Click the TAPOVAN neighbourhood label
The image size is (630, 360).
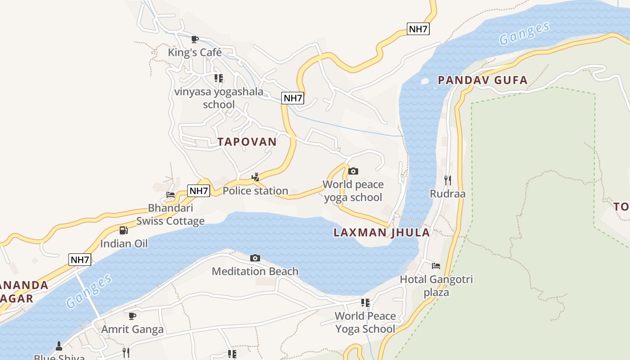[247, 142]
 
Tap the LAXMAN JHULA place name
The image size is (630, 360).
[382, 233]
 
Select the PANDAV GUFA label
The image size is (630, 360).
[482, 81]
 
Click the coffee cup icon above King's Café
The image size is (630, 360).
[195, 40]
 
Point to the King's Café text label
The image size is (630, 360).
[194, 53]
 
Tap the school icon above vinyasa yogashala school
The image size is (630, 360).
[219, 79]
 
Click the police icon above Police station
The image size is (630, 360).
[255, 177]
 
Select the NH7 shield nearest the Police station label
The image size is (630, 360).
[198, 191]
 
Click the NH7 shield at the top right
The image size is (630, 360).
[418, 29]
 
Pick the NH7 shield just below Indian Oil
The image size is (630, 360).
[80, 260]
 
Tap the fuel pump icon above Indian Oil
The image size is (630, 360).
[123, 230]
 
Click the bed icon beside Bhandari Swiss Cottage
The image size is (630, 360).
[171, 195]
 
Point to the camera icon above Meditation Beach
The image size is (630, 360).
[255, 258]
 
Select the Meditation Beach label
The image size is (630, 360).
[255, 271]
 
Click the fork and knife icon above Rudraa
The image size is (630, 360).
[447, 180]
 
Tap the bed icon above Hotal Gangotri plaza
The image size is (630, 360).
[436, 266]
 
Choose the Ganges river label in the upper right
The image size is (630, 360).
[524, 34]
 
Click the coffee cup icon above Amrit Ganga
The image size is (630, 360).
[132, 316]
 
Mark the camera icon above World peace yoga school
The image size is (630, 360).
[353, 171]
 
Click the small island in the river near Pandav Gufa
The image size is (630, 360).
[424, 81]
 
